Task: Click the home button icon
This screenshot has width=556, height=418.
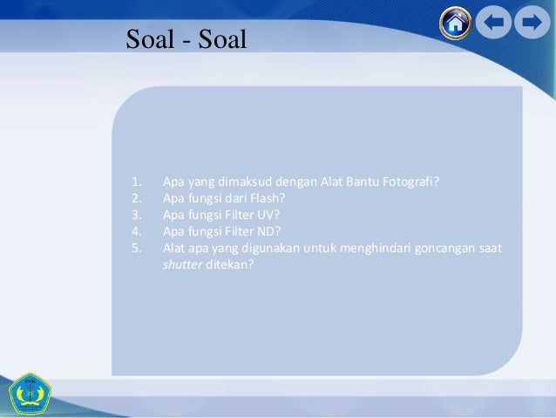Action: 454,24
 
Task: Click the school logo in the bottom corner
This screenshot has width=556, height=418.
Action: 31,394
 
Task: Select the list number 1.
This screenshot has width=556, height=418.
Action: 136,182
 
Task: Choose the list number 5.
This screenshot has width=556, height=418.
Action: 136,247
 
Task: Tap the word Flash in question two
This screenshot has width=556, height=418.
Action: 277,198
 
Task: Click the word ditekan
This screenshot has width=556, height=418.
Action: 229,264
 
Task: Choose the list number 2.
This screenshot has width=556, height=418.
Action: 136,198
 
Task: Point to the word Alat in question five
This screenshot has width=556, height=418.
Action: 174,247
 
